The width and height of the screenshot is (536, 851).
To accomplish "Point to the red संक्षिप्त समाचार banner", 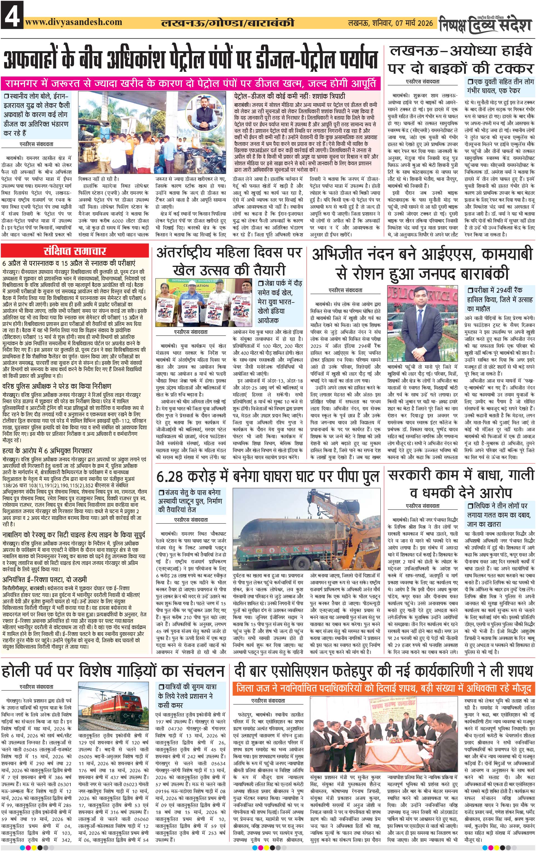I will [x=75, y=251].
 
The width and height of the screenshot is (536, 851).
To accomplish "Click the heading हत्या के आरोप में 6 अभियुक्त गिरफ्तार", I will [x=47, y=451].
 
